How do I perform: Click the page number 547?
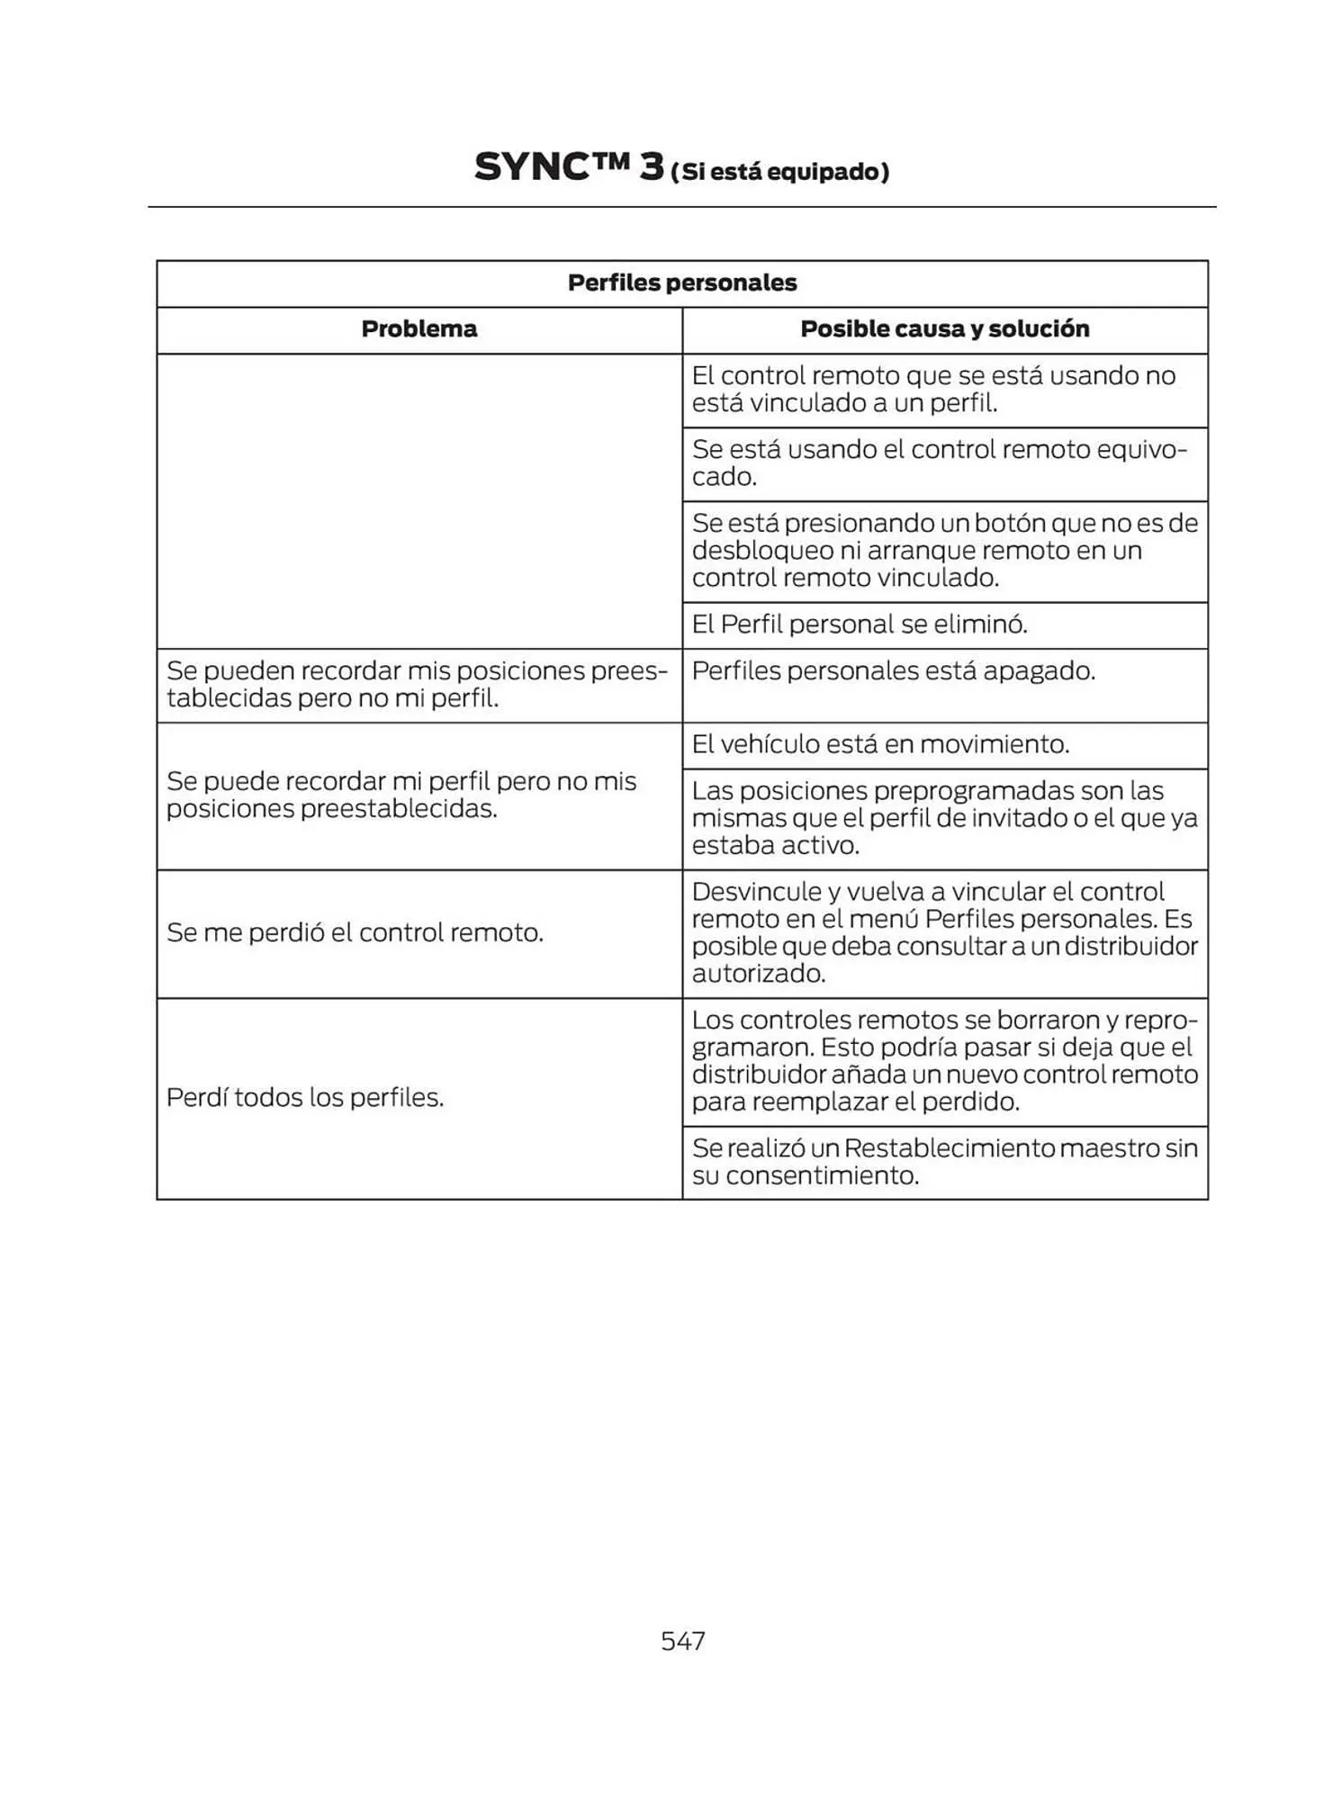pos(682,1641)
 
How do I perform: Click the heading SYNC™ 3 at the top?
pos(568,167)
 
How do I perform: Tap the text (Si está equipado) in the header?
pos(779,172)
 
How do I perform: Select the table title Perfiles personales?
pos(681,283)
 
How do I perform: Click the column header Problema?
pos(419,329)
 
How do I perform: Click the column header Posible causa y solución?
pos(944,329)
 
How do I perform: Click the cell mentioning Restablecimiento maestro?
pos(944,1162)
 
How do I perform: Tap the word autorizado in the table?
pos(758,974)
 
